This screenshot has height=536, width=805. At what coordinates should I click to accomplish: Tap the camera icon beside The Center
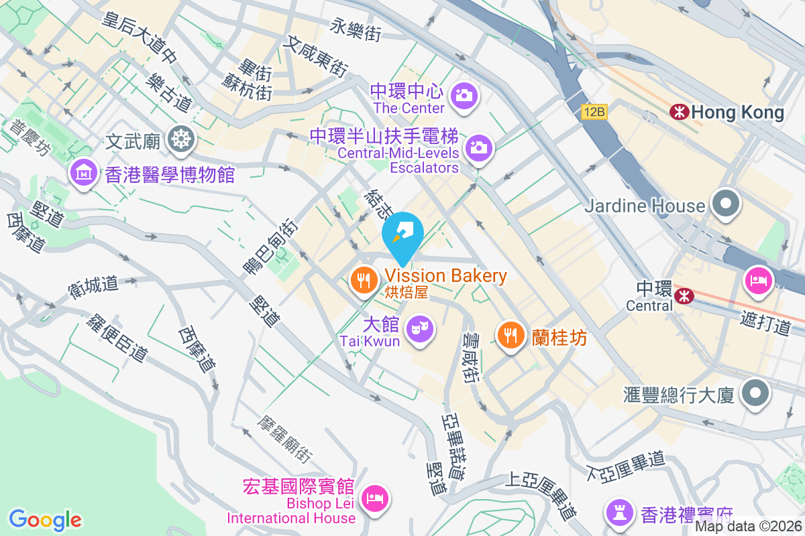464,95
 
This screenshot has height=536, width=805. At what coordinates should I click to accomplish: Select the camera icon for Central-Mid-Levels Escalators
480,147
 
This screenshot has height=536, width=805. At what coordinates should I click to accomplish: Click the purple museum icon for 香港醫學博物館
84,173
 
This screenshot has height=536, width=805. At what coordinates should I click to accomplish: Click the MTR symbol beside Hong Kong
679,112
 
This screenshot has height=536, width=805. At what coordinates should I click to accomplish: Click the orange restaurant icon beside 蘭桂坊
511,334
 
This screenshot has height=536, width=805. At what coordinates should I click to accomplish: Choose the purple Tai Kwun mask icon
420,328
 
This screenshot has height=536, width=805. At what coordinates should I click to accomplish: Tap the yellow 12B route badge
594,113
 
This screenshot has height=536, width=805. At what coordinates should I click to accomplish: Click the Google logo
46,519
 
